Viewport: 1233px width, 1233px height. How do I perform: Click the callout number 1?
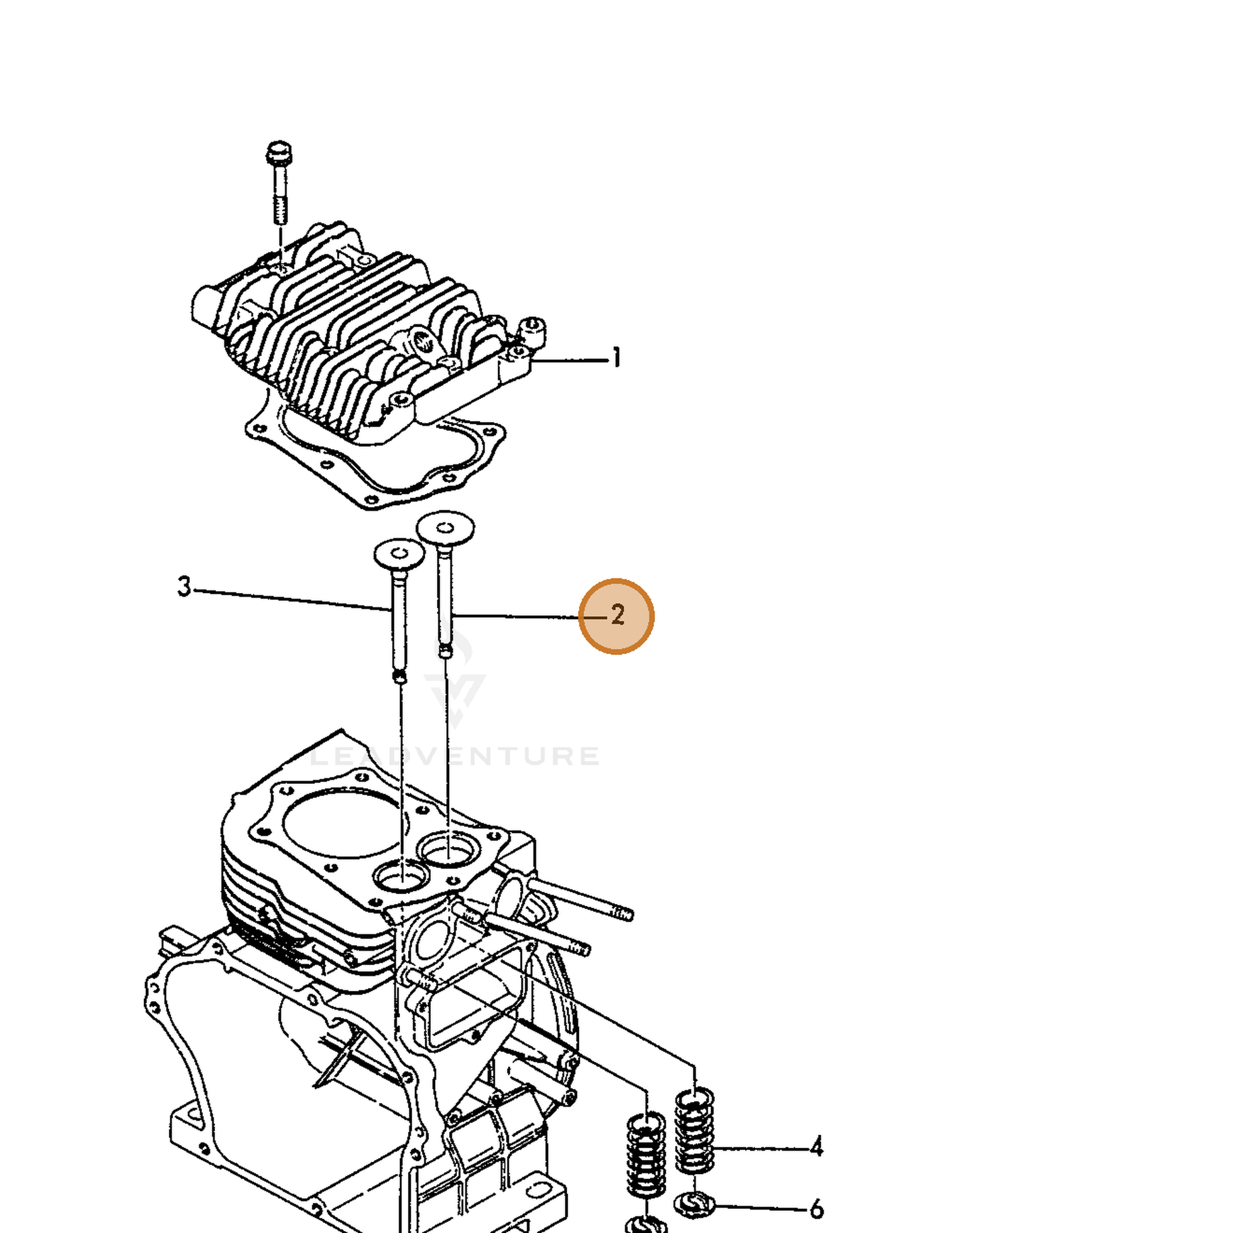coord(616,358)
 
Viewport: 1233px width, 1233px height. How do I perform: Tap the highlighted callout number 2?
coord(617,615)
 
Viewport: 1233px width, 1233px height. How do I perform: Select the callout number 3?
coord(184,587)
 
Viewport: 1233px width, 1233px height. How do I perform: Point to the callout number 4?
coord(816,1147)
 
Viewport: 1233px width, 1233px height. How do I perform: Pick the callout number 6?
coord(817,1210)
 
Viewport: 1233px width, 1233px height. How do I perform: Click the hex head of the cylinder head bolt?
coord(279,153)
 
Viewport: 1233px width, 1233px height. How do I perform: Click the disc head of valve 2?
coord(445,528)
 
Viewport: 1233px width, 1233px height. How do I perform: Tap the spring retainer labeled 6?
coord(694,1205)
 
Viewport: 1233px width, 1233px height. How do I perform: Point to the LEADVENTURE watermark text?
coord(454,757)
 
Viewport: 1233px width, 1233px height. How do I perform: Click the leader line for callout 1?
coord(569,361)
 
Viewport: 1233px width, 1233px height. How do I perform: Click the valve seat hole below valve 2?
coord(449,848)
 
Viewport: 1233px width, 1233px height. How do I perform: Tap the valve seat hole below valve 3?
coord(402,877)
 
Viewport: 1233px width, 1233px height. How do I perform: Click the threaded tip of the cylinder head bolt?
coord(280,210)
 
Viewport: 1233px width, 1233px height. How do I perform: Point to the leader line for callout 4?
coord(760,1149)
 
